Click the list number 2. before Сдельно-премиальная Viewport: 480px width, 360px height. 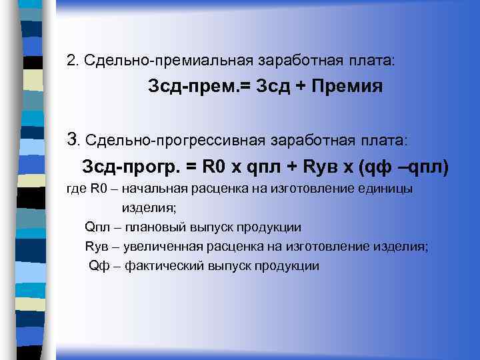72,60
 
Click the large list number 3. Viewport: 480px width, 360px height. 73,140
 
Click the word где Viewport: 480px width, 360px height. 77,189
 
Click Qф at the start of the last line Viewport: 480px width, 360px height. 99,266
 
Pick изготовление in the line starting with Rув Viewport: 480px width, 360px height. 320,247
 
